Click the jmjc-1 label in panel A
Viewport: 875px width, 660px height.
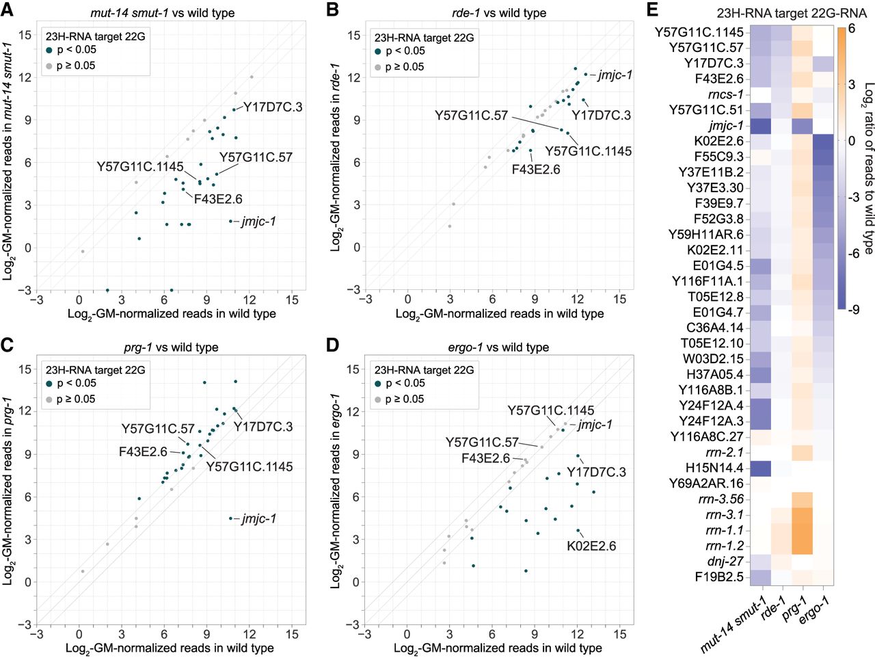[258, 222]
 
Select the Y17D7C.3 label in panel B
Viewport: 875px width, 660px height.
[601, 115]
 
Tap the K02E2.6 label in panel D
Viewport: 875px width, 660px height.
[591, 546]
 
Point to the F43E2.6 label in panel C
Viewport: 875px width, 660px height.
[143, 452]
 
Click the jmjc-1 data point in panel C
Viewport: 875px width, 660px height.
[230, 518]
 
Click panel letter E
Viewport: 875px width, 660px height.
[652, 9]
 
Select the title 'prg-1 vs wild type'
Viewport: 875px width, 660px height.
[171, 347]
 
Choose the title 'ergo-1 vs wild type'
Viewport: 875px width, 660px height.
[498, 347]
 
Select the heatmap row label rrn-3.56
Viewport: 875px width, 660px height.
[724, 499]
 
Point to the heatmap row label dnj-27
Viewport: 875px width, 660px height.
[725, 562]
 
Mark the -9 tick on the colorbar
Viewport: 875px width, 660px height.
[852, 309]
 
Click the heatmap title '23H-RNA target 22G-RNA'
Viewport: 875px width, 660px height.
[791, 13]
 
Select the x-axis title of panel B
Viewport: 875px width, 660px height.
[500, 314]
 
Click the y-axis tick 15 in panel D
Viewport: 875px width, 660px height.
[353, 369]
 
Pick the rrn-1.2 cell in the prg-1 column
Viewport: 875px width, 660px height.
[803, 546]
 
